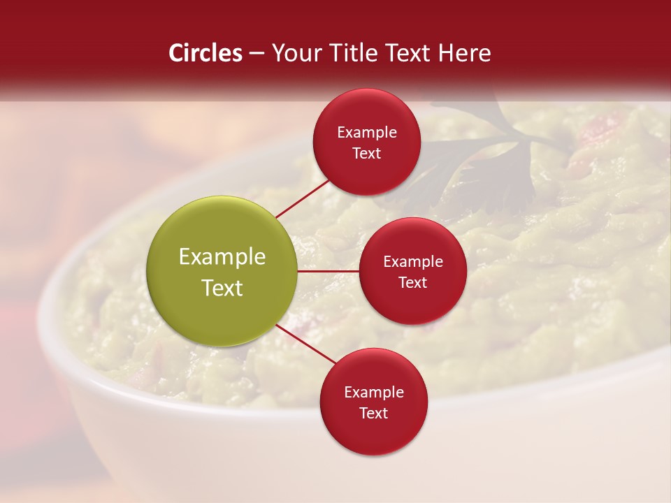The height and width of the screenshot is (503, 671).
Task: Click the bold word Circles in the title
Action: tap(205, 53)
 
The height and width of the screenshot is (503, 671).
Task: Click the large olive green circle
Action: tap(222, 271)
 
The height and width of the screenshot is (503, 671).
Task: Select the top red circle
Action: tap(366, 143)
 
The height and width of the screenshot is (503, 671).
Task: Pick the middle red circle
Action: tap(412, 271)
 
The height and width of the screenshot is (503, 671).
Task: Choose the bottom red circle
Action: tap(373, 402)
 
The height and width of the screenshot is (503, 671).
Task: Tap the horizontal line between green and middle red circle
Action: tap(328, 271)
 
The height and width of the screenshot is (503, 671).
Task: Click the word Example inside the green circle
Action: tap(222, 257)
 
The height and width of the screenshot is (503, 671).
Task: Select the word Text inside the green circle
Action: tap(222, 288)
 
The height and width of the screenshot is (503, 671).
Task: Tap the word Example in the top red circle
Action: tap(366, 133)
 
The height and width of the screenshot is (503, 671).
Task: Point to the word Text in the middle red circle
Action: tap(412, 282)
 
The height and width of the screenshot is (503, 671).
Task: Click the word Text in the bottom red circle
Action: tap(373, 413)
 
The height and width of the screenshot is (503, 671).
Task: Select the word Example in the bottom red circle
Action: tap(373, 393)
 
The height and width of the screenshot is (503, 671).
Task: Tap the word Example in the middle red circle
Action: tap(412, 262)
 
